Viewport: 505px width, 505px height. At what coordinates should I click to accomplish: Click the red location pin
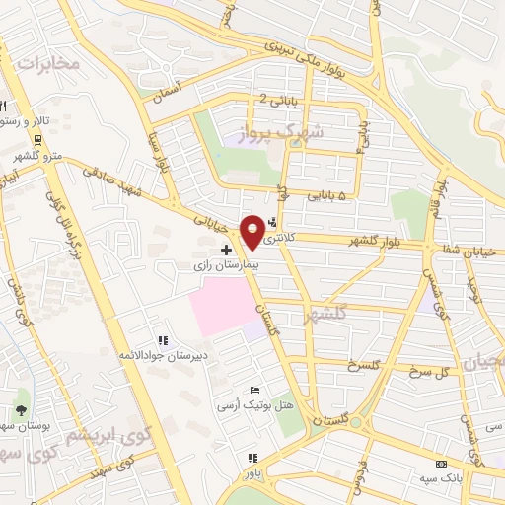coord(255,231)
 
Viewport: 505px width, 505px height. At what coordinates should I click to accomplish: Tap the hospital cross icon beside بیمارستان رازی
coord(227,251)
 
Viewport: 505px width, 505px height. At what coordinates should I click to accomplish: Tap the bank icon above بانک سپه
coord(441,465)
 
